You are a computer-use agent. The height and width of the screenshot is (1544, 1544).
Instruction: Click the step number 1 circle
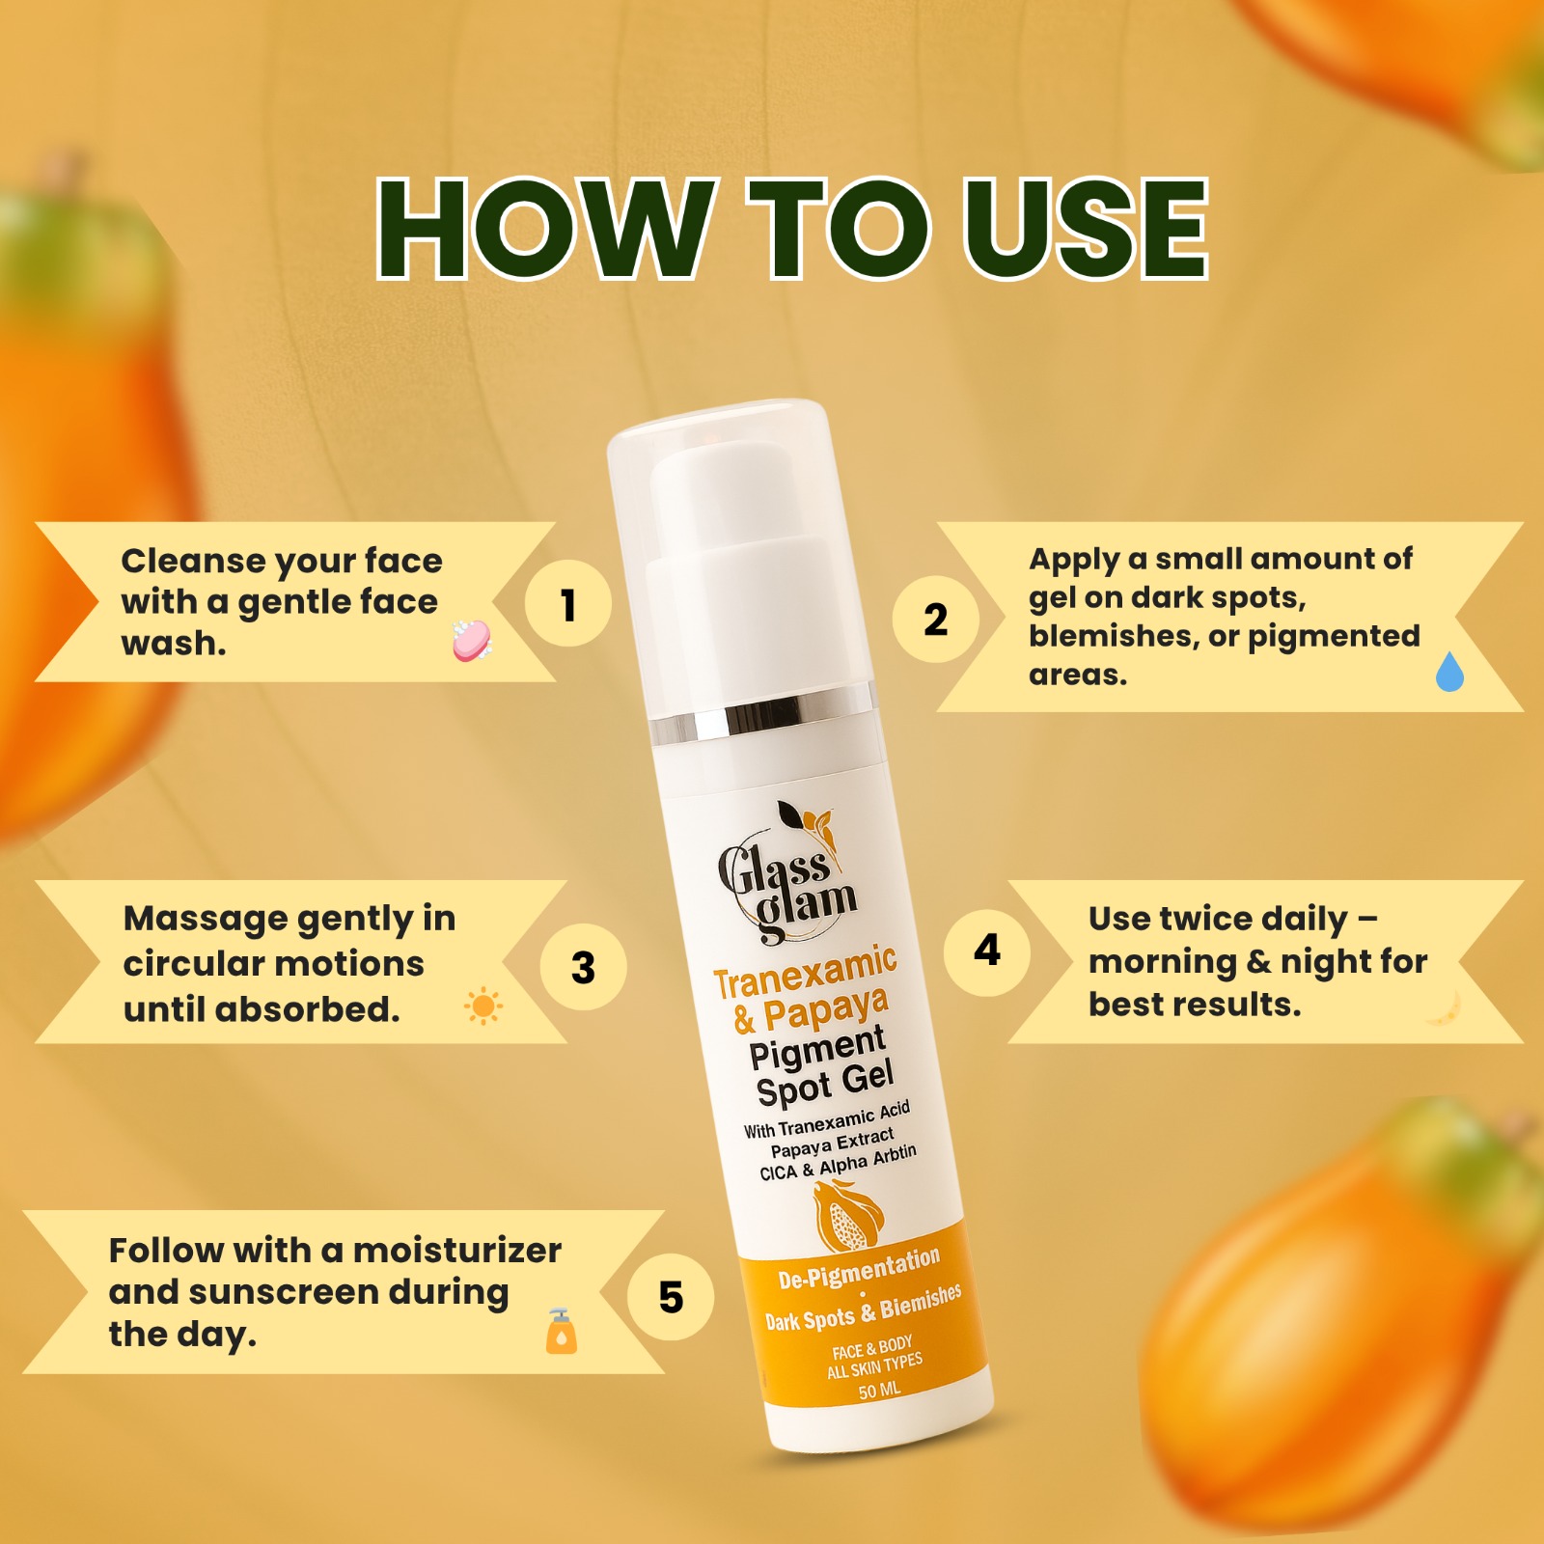[567, 604]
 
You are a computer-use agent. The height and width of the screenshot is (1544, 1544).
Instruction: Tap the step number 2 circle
[935, 619]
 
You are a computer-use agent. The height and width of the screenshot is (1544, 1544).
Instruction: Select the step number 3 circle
[583, 967]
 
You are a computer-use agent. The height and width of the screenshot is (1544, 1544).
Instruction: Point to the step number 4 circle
[986, 951]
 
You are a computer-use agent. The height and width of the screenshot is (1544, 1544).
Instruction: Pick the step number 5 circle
[671, 1297]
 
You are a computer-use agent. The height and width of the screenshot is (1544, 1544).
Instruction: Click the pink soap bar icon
[472, 641]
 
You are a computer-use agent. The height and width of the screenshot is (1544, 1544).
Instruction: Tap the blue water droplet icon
[1449, 672]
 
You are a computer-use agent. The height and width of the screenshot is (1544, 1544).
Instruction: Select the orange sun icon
[483, 1006]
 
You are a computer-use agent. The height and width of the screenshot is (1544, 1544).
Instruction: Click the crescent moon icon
[1445, 1008]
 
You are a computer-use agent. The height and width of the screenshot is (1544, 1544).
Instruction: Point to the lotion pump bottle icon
[561, 1332]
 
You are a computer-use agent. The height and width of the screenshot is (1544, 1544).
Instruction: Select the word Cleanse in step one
[193, 561]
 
